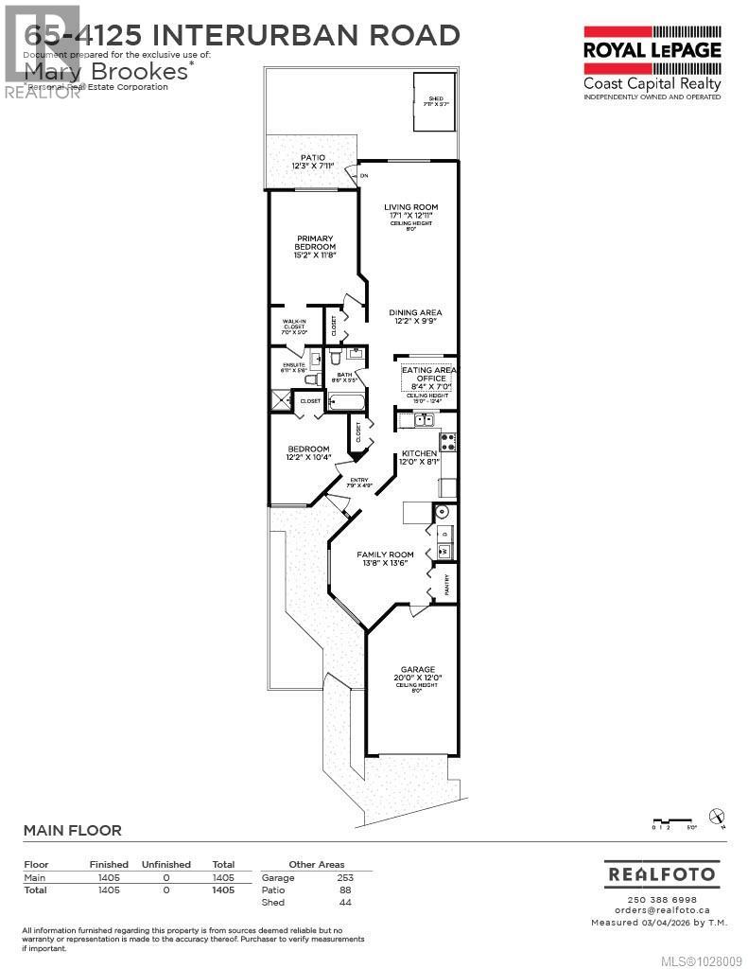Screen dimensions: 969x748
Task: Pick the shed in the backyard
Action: tap(434, 103)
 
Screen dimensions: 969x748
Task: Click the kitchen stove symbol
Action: tap(447, 440)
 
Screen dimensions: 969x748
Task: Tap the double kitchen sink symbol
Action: tap(422, 420)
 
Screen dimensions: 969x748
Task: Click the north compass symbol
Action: tap(717, 815)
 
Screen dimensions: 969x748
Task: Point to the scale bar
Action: tap(673, 821)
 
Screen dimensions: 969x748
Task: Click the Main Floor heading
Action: tap(72, 831)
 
